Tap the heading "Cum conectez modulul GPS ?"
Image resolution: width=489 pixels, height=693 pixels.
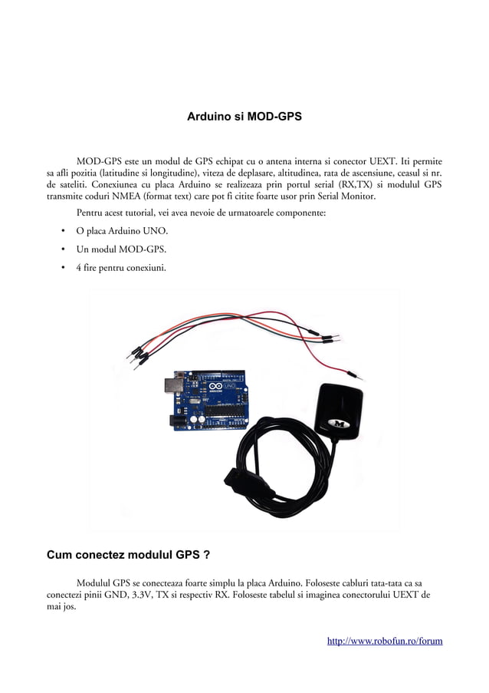(x=129, y=554)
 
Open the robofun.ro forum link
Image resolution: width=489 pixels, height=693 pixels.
(x=385, y=640)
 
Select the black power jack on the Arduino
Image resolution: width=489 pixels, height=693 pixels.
(x=177, y=419)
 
